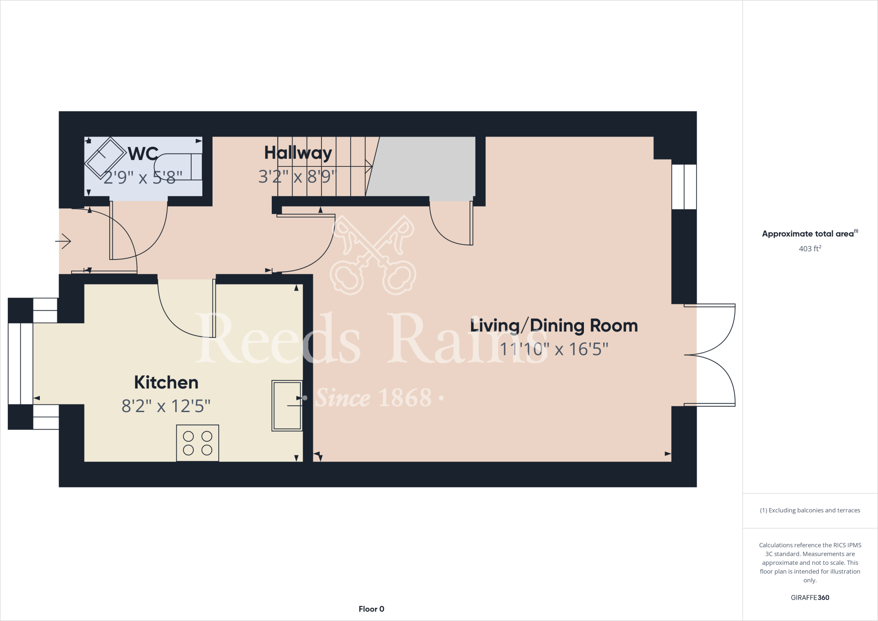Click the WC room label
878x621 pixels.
[x=143, y=154]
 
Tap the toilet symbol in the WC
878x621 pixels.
[x=179, y=166]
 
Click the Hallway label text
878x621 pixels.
[x=298, y=153]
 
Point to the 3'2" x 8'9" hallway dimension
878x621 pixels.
[x=298, y=177]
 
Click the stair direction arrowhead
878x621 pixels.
[x=369, y=166]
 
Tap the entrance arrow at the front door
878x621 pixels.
[x=63, y=241]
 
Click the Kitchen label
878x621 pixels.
[x=166, y=382]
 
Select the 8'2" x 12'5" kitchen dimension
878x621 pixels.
[x=166, y=406]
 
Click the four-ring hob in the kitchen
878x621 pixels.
[x=198, y=443]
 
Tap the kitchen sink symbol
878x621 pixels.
[x=287, y=405]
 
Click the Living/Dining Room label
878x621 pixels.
[x=554, y=326]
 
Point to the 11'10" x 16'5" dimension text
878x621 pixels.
[x=554, y=349]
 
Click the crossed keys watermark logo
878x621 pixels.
[x=373, y=255]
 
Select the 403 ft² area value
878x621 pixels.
[x=810, y=248]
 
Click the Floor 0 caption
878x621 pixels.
[x=371, y=609]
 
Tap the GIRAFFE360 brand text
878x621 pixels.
[x=810, y=597]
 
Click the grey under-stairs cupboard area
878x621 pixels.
[x=422, y=167]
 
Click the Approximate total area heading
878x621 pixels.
[x=809, y=234]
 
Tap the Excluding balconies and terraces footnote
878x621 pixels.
[x=810, y=510]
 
